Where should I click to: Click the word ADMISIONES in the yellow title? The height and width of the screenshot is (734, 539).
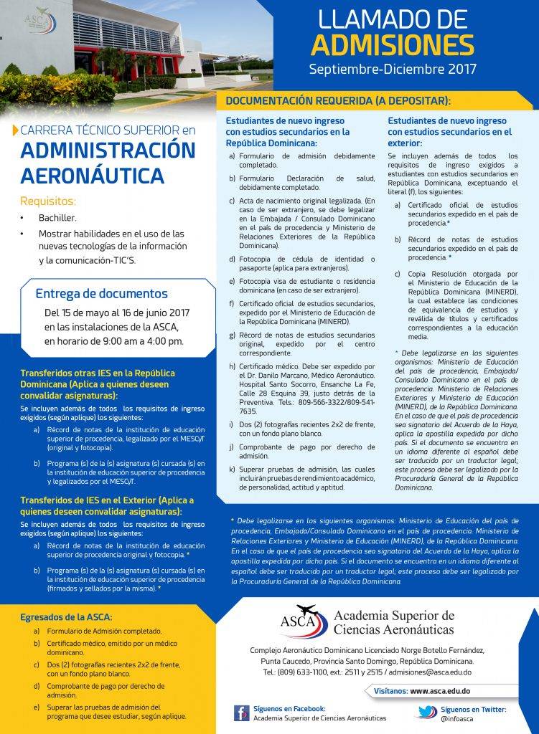coord(393,44)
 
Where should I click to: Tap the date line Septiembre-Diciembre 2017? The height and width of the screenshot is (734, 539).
coord(393,70)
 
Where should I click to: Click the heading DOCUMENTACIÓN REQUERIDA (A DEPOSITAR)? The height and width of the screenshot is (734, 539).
coord(338,101)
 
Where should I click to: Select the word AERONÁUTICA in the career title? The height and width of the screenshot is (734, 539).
coord(92,176)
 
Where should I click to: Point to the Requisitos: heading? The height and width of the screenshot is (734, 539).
coord(48,201)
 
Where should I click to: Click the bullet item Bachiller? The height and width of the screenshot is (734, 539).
coord(57,216)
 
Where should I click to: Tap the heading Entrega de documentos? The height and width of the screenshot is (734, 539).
coord(101,293)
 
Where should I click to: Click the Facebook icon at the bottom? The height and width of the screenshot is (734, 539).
coord(241,712)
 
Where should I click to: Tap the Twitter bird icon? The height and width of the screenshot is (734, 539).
coord(426,712)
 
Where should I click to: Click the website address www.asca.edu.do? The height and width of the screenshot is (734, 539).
coord(440,691)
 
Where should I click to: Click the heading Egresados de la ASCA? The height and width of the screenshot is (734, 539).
coord(66,616)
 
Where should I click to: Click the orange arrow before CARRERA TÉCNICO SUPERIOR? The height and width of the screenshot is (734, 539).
coord(16,130)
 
